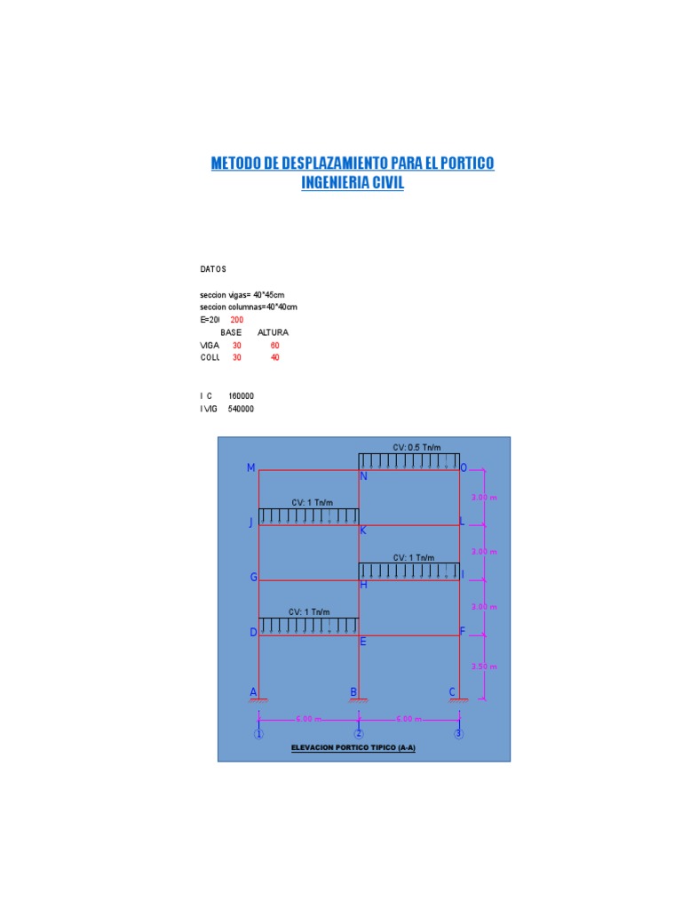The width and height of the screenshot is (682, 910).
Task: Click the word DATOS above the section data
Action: pos(213,268)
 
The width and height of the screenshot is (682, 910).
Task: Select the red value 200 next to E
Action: pos(237,319)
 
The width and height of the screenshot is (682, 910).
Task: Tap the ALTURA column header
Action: pos(273,332)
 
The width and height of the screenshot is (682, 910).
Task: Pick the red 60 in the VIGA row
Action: pos(275,345)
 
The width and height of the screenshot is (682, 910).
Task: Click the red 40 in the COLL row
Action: pos(275,357)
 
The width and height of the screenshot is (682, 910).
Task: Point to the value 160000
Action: pos(242,396)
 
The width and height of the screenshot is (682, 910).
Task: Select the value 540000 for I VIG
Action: pos(242,409)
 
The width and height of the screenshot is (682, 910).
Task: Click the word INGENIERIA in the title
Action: pos(341,182)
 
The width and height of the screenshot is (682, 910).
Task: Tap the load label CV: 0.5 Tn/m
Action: pos(416,447)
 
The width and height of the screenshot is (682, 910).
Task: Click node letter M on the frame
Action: pos(251,468)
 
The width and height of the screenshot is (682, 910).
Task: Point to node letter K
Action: pos(363,531)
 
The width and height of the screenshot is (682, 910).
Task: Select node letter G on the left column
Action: pos(253,578)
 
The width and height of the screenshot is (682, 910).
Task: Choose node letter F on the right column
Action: pos(462,632)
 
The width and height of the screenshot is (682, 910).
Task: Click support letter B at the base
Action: pos(353,692)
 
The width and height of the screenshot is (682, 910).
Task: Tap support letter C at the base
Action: pos(452,692)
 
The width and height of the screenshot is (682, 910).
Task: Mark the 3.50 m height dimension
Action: pos(484,667)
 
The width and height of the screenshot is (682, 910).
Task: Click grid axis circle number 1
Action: pos(258,734)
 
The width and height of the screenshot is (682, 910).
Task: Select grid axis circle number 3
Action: pos(458,734)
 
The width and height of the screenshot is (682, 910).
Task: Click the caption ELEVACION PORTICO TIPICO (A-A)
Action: pos(353,748)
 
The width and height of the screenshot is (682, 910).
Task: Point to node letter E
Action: pos(363,641)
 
